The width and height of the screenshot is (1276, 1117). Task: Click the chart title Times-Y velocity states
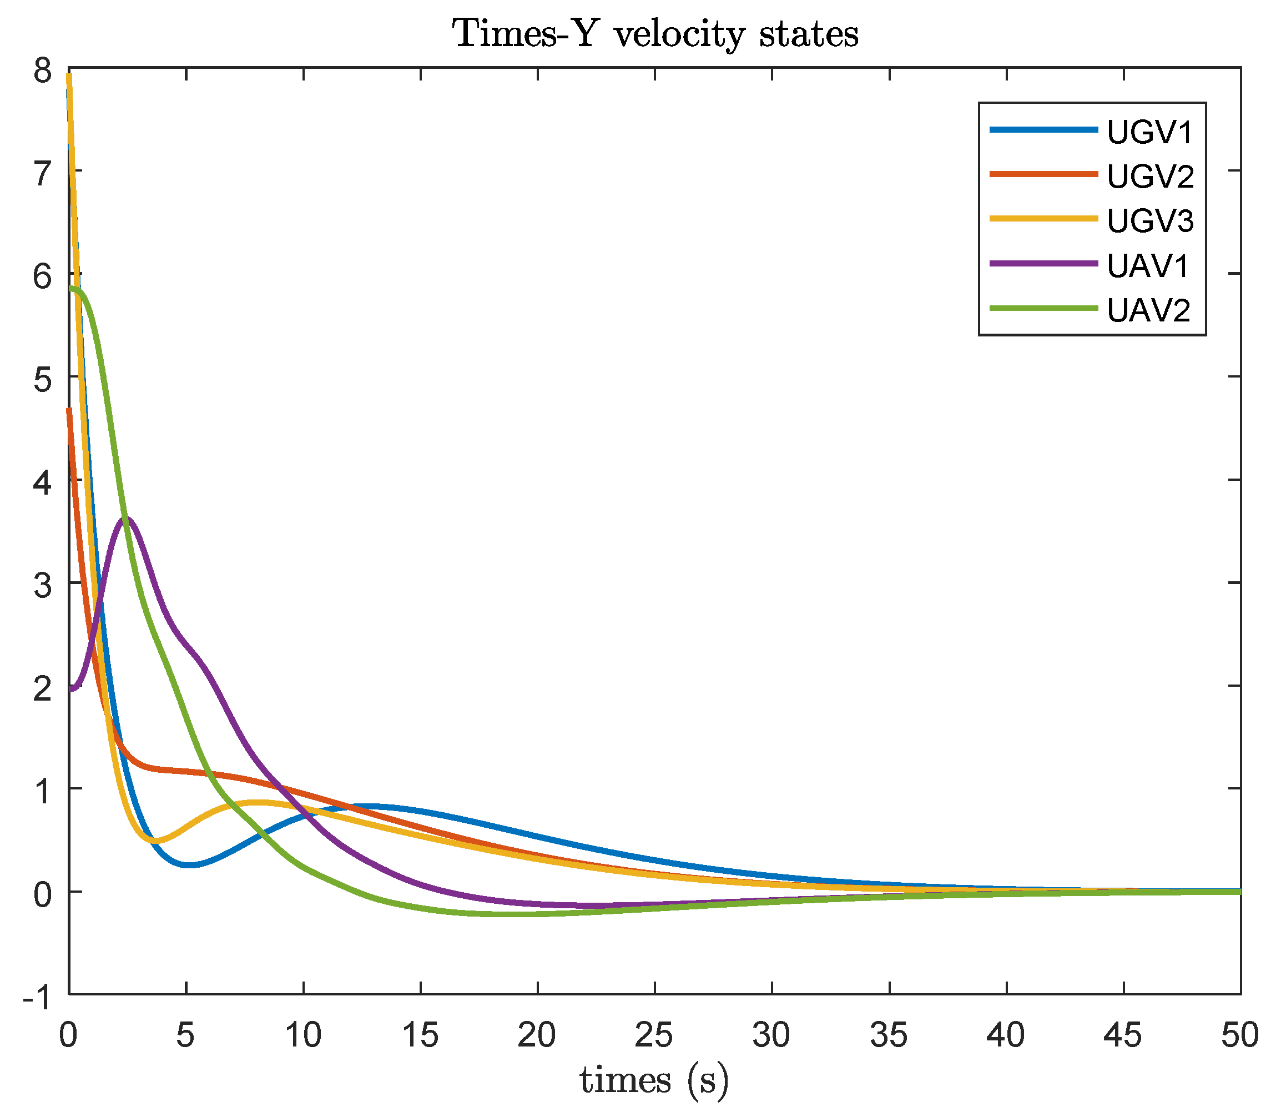point(655,34)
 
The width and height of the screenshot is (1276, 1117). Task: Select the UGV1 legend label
point(1149,132)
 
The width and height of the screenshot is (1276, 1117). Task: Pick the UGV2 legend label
point(1150,177)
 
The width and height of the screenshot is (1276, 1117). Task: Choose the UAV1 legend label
point(1148,266)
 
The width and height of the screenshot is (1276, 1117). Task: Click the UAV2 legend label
point(1148,310)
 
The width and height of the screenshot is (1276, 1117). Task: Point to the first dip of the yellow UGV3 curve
point(156,841)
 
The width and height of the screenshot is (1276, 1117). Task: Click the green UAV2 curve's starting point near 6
point(71,288)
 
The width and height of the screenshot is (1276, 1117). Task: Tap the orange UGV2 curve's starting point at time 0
point(69,410)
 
